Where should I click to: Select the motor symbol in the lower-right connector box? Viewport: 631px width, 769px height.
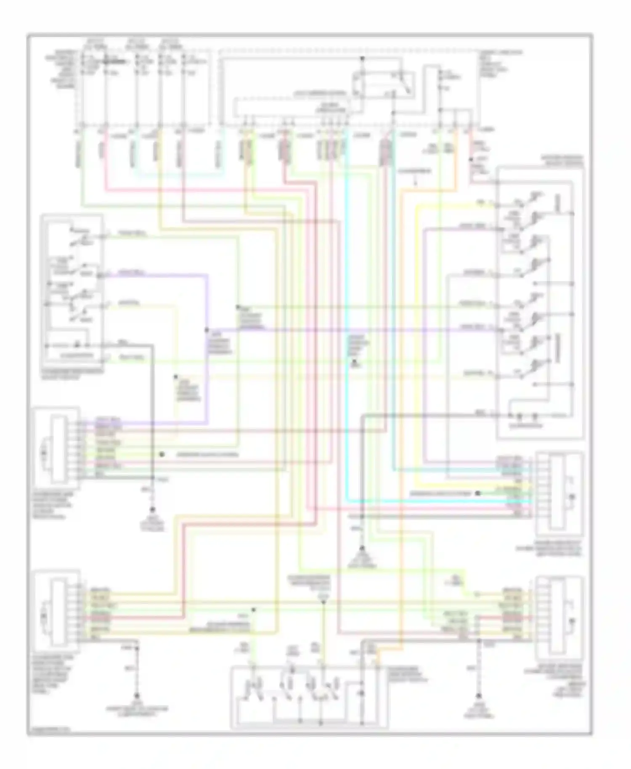coord(571,621)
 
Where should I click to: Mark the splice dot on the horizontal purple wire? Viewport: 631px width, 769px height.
coord(207,329)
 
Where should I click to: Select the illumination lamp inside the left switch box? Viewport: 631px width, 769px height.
coord(77,345)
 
